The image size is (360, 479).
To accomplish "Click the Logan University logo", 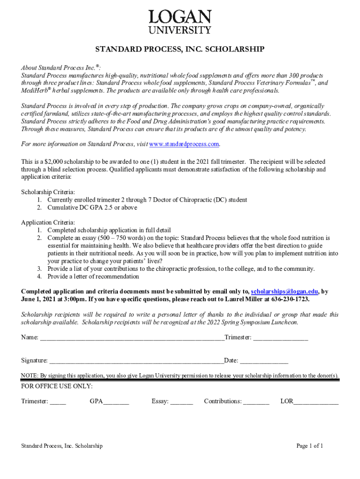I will click(x=180, y=22).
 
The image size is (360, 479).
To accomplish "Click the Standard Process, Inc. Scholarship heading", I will click(x=180, y=49).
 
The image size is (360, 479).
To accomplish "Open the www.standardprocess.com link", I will click(x=184, y=144).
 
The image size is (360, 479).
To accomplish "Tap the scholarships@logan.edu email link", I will click(x=285, y=291).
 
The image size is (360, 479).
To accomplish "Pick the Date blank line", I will click(x=264, y=361).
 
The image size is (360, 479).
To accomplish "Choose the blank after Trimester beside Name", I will click(x=281, y=338).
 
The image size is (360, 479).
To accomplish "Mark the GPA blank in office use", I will click(x=116, y=401).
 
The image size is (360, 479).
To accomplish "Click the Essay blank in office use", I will click(x=182, y=401).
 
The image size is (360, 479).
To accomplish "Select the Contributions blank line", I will click(x=256, y=401).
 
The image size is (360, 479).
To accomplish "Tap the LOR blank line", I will click(x=316, y=401).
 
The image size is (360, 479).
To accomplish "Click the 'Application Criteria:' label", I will click(x=48, y=223).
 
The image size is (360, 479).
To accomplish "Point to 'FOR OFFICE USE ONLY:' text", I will click(x=57, y=386).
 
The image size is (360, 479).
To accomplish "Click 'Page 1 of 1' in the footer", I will click(x=310, y=446).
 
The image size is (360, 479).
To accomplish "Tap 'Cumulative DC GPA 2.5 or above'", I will click(x=93, y=207).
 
